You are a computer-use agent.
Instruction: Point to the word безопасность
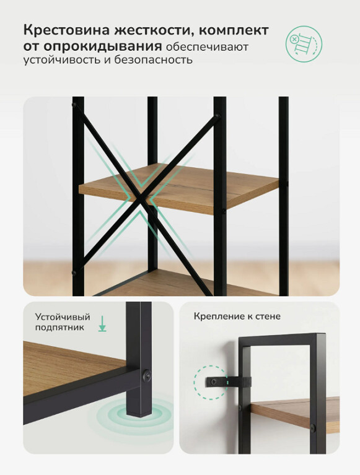(153, 59)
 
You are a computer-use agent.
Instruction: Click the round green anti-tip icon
(304, 44)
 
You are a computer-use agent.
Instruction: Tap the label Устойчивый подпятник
(63, 322)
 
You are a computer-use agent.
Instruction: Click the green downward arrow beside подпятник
(102, 323)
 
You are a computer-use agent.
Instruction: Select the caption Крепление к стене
(237, 316)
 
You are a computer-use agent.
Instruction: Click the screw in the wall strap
(215, 382)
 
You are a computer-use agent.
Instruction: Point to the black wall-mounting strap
(229, 382)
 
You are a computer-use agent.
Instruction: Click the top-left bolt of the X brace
(74, 105)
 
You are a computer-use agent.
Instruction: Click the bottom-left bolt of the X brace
(74, 272)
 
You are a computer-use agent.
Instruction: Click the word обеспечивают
(208, 48)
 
